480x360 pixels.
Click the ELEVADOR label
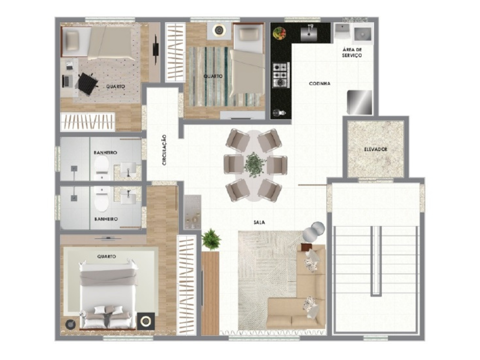tap(375, 149)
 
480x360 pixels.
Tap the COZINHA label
tap(319, 84)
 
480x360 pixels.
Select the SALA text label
tap(259, 222)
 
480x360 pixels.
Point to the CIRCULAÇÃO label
tap(165, 150)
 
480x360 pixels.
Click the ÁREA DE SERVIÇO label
tap(352, 52)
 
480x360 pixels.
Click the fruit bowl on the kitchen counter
tap(279, 33)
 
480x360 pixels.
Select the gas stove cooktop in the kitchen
tap(281, 75)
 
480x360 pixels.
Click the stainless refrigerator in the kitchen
tap(360, 102)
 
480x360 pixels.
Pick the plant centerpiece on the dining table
tap(255, 165)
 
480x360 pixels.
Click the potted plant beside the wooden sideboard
tap(211, 239)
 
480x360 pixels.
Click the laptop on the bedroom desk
tap(68, 81)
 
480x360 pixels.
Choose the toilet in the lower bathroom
tap(102, 199)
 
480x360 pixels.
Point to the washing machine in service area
tap(363, 34)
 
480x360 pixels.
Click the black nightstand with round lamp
tap(146, 321)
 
